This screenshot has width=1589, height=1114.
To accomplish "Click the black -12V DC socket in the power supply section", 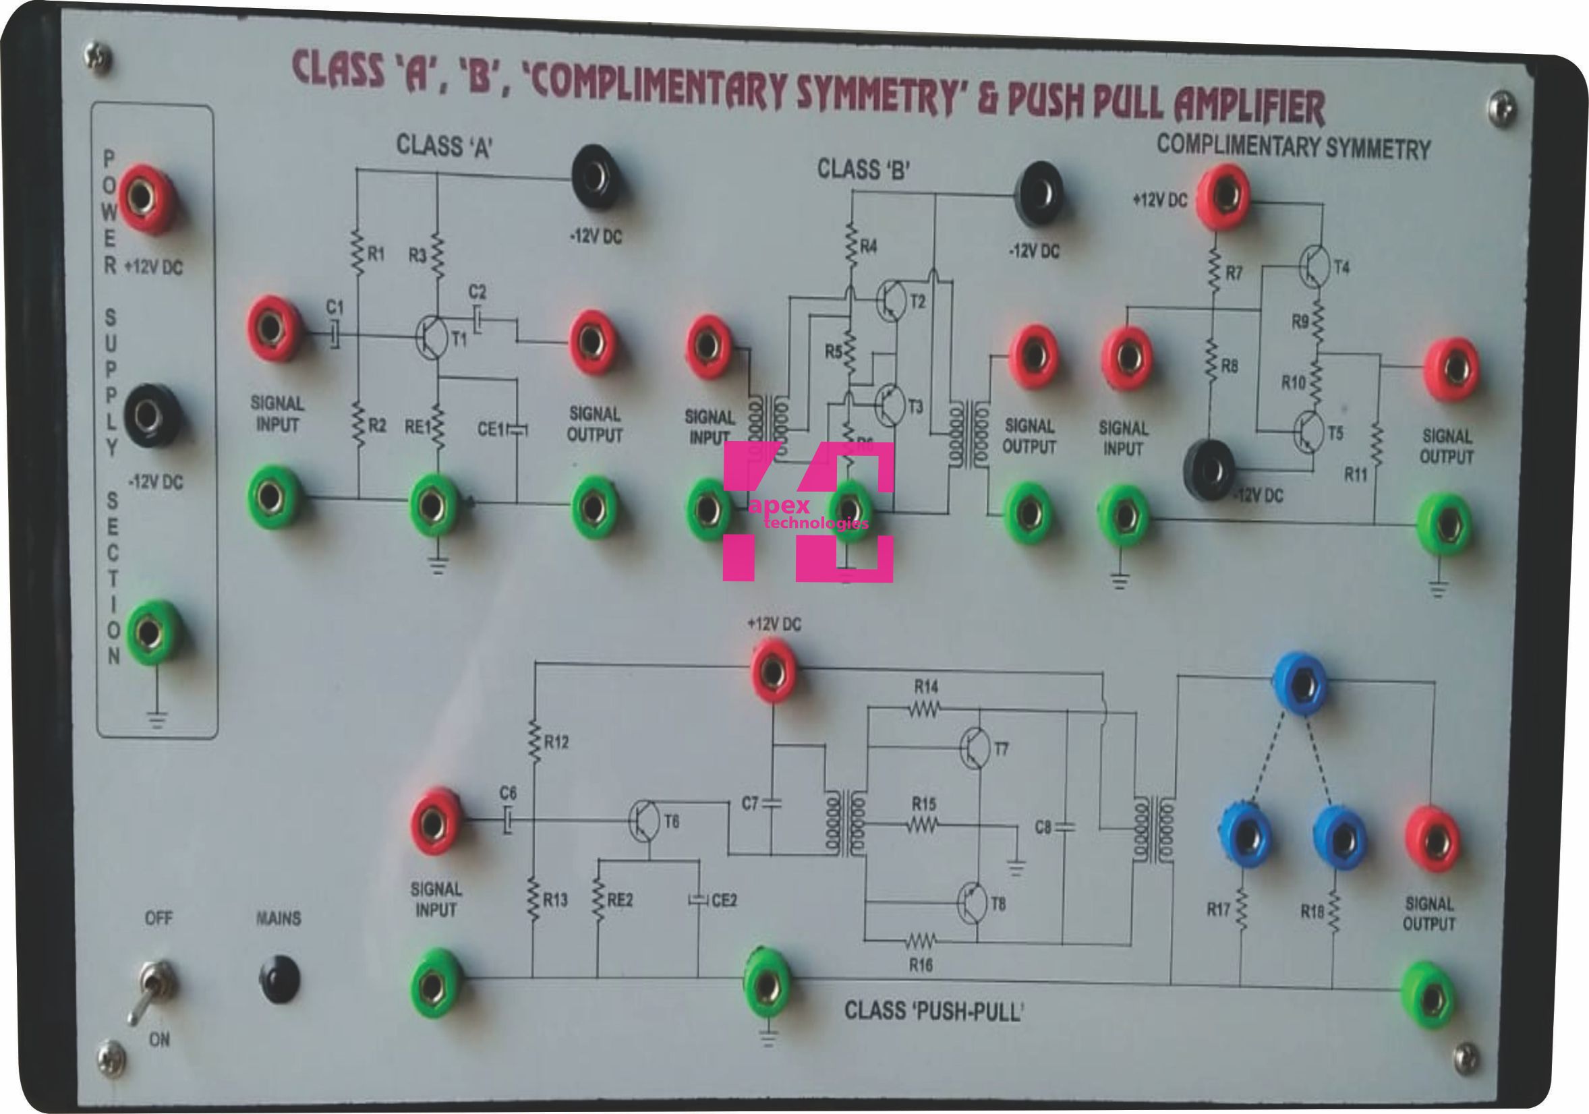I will click(x=150, y=416).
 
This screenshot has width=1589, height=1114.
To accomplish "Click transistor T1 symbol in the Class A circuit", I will click(x=432, y=337).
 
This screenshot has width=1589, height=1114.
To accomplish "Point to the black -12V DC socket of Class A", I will click(x=594, y=177).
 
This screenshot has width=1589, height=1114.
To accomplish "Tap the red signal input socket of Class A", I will click(x=273, y=328).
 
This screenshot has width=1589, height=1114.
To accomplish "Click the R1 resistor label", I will click(x=375, y=254).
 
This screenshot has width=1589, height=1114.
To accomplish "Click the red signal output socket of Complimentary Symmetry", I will click(x=1451, y=370).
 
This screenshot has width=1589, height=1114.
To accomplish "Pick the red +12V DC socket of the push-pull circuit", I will click(x=773, y=670).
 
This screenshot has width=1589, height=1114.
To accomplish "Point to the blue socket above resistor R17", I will click(x=1244, y=838).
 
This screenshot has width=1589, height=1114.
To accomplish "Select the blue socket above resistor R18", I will click(x=1339, y=838).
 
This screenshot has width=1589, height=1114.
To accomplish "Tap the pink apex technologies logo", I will click(x=807, y=511).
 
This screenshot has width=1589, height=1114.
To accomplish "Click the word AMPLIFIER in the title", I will click(x=1249, y=107).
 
